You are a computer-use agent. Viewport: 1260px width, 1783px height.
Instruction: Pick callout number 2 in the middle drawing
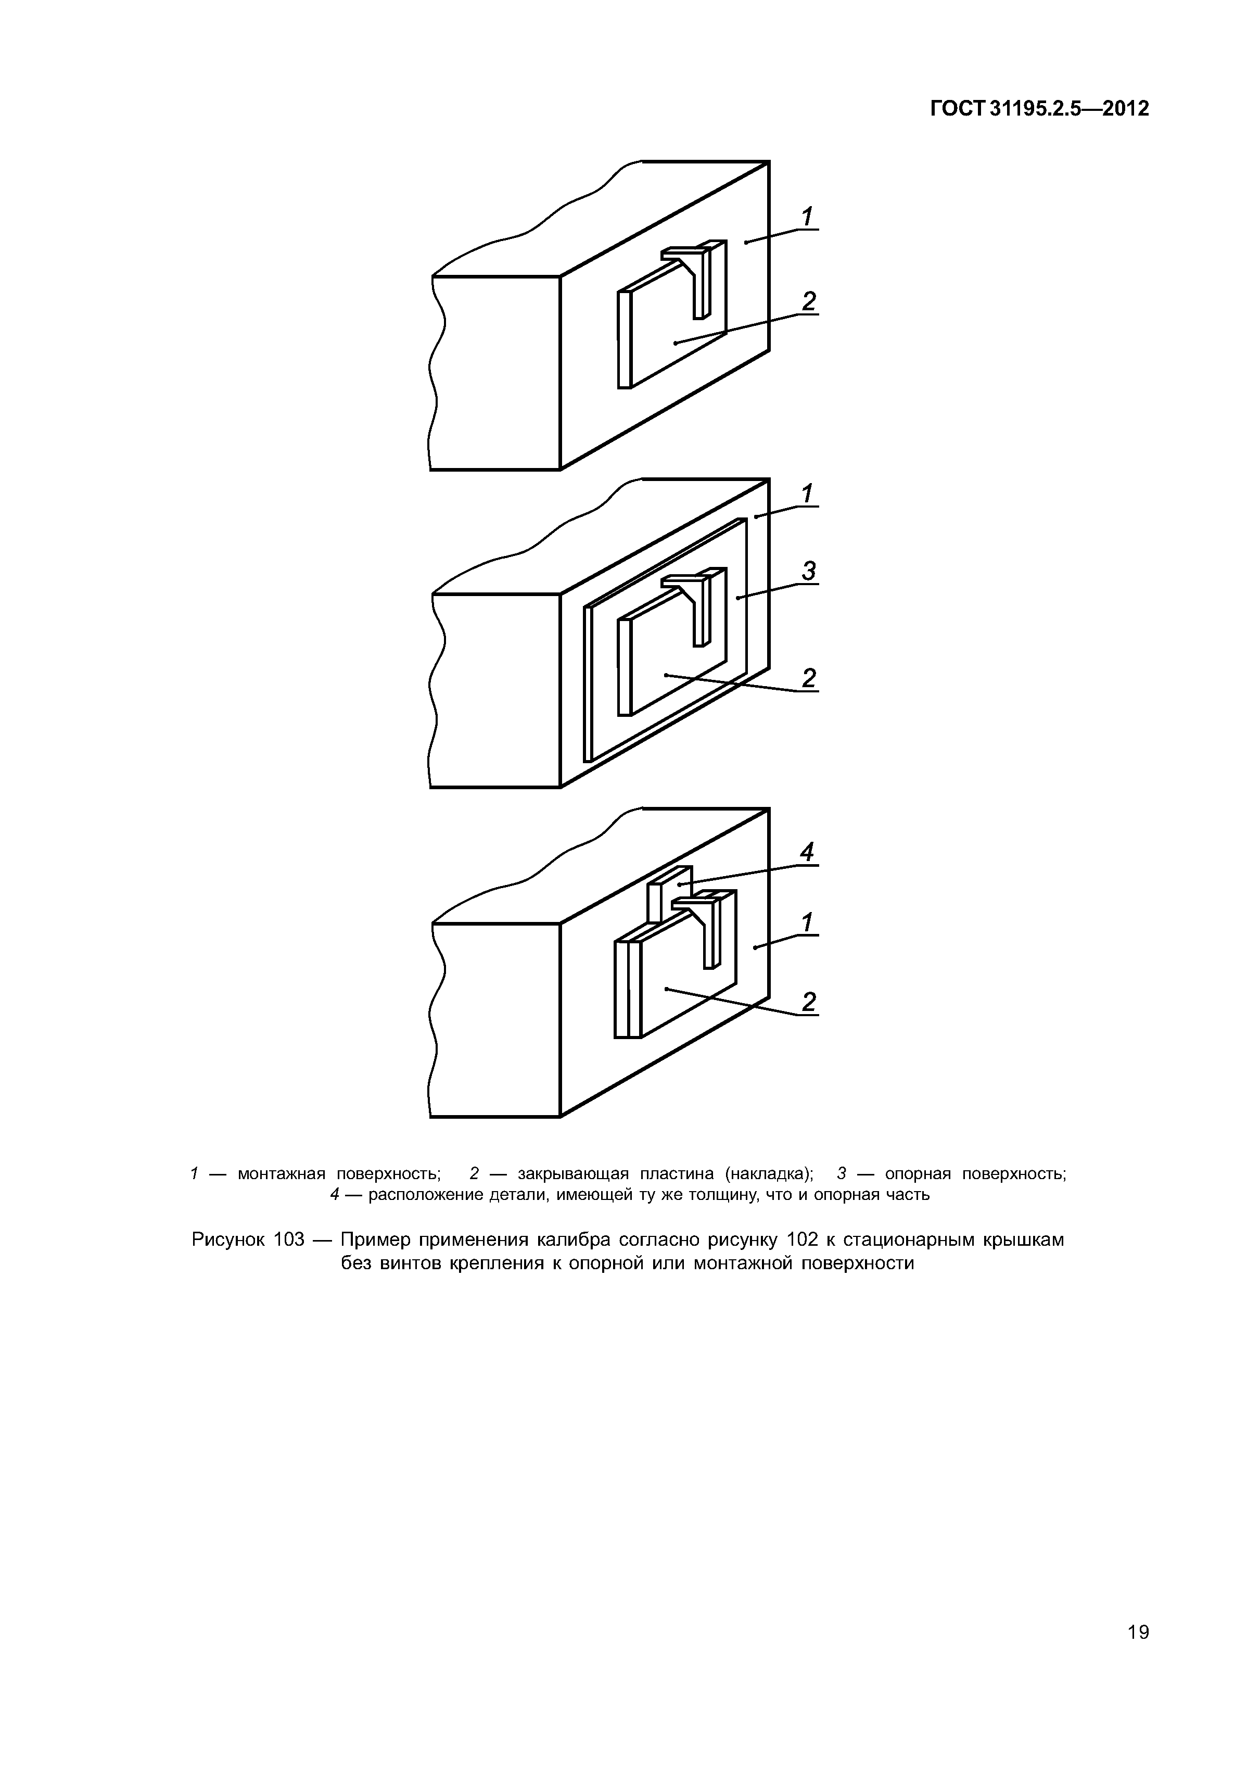(x=809, y=678)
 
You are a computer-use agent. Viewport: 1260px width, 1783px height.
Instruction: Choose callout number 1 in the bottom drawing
(x=807, y=922)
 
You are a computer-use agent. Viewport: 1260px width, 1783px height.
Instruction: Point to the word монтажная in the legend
(x=282, y=1173)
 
